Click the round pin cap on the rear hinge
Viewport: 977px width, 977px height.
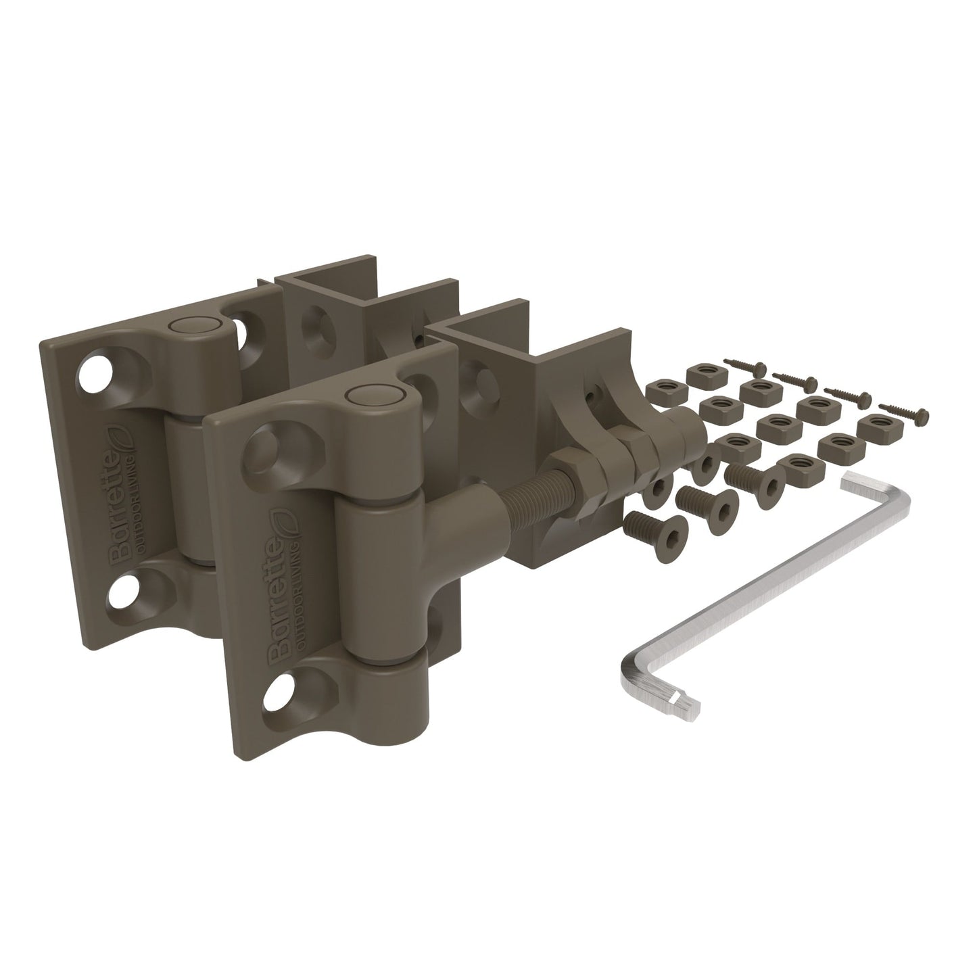pyautogui.click(x=186, y=327)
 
